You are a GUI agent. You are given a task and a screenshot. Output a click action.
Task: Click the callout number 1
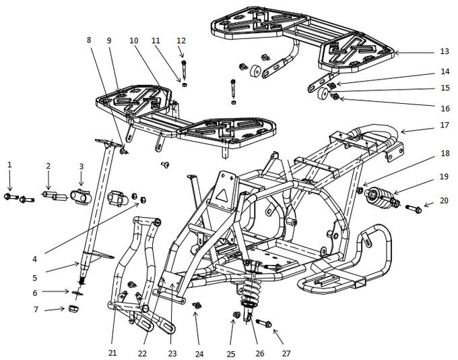(9, 164)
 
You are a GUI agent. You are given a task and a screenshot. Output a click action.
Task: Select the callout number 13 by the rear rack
(443, 51)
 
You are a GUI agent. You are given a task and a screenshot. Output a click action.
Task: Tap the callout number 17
(443, 125)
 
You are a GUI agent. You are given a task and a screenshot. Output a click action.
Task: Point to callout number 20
(443, 200)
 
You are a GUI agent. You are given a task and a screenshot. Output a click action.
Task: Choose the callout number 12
(181, 41)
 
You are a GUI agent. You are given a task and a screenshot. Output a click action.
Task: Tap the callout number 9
(110, 40)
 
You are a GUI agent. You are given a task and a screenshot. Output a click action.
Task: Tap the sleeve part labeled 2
(52, 197)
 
